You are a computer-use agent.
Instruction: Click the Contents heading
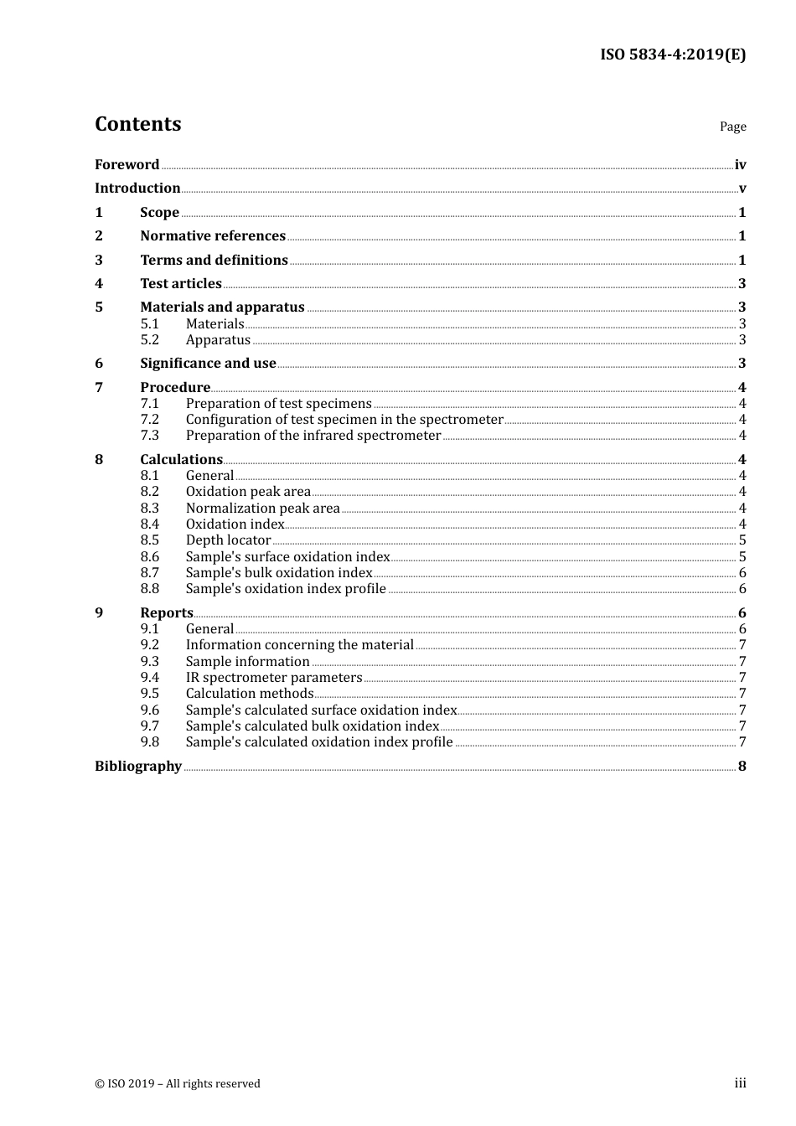[x=137, y=124]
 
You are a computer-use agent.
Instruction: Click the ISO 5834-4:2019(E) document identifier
[x=672, y=54]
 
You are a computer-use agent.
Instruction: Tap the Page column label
[x=732, y=127]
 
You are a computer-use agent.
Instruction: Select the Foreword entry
[x=127, y=164]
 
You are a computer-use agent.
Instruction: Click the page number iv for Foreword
[x=740, y=165]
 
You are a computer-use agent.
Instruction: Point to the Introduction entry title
[x=137, y=189]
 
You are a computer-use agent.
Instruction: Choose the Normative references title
[x=213, y=236]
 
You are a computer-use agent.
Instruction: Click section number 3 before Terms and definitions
[x=99, y=261]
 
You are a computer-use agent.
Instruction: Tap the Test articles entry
[x=181, y=284]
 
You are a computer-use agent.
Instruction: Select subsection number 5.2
[x=149, y=340]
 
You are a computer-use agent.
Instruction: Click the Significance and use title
[x=208, y=364]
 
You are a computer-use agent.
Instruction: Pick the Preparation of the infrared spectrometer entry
[x=313, y=436]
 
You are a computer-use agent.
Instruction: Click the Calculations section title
[x=181, y=460]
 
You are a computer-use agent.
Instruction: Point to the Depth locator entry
[x=228, y=540]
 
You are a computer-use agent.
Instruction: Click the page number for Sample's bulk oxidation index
[x=742, y=573]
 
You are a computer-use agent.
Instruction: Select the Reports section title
[x=167, y=613]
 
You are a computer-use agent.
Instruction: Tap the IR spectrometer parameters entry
[x=274, y=678]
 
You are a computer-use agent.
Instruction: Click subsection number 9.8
[x=149, y=742]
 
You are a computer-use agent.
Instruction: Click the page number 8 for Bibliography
[x=742, y=767]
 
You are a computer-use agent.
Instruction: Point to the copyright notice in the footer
[x=178, y=1084]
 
